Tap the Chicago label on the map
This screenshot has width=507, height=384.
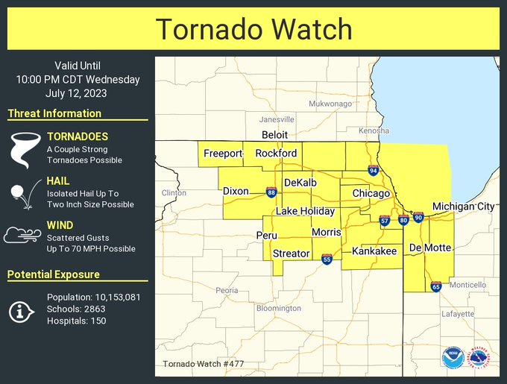click(371, 194)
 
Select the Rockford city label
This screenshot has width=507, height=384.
click(276, 154)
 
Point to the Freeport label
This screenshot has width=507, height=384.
click(223, 154)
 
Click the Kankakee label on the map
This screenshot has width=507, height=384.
click(374, 252)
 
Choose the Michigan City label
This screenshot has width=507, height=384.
click(462, 207)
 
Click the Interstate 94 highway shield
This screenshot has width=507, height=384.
click(372, 171)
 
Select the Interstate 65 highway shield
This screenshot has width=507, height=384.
click(435, 286)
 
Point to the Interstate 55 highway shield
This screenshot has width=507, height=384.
click(327, 259)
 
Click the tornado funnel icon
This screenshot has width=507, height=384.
click(22, 148)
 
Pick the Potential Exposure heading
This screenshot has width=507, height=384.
click(54, 274)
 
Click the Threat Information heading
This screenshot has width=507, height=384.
click(54, 113)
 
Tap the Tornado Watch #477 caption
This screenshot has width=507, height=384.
click(203, 365)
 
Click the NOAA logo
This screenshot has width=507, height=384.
click(451, 357)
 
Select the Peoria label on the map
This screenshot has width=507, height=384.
click(227, 290)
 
